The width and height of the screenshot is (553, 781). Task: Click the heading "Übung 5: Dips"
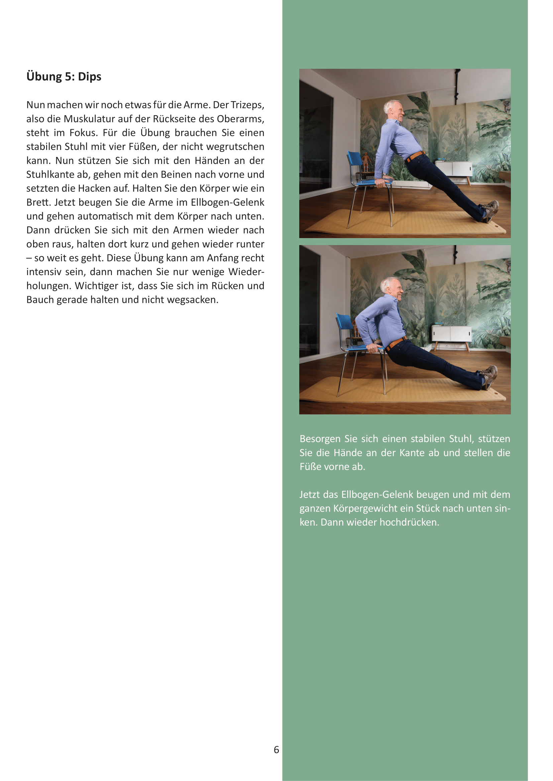point(64,76)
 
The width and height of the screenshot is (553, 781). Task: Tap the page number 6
point(276,750)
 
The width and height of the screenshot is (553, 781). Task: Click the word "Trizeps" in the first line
point(247,105)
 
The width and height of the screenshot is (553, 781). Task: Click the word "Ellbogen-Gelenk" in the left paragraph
point(227,202)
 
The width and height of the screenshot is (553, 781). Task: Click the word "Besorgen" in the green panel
point(320,439)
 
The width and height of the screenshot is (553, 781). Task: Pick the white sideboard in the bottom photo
point(451,334)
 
